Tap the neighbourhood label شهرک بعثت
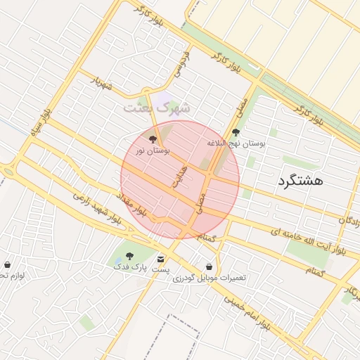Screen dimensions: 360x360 pos(157,108)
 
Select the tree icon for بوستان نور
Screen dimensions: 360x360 pos(154,139)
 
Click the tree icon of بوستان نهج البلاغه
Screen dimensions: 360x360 pos(236,131)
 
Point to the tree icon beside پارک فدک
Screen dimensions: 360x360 pos(128,256)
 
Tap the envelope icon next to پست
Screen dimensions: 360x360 pos(161,259)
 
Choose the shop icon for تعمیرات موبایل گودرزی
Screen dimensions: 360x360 pos(210,266)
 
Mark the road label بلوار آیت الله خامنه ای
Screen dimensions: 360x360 pos(309,240)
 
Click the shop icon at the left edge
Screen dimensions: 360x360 pos(7,265)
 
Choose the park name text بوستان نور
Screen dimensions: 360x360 pos(153,150)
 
